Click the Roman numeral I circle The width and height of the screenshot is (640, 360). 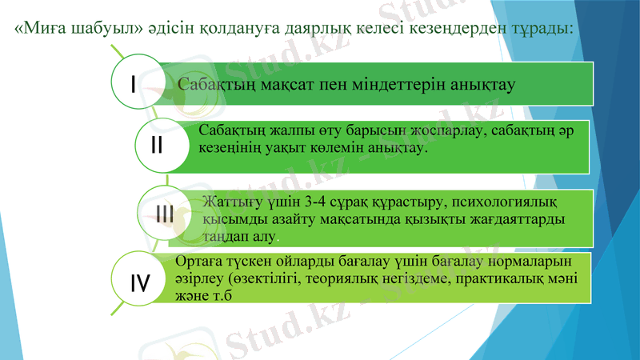tap(134, 82)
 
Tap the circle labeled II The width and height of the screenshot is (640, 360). tap(157, 146)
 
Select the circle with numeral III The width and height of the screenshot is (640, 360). tap(166, 213)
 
